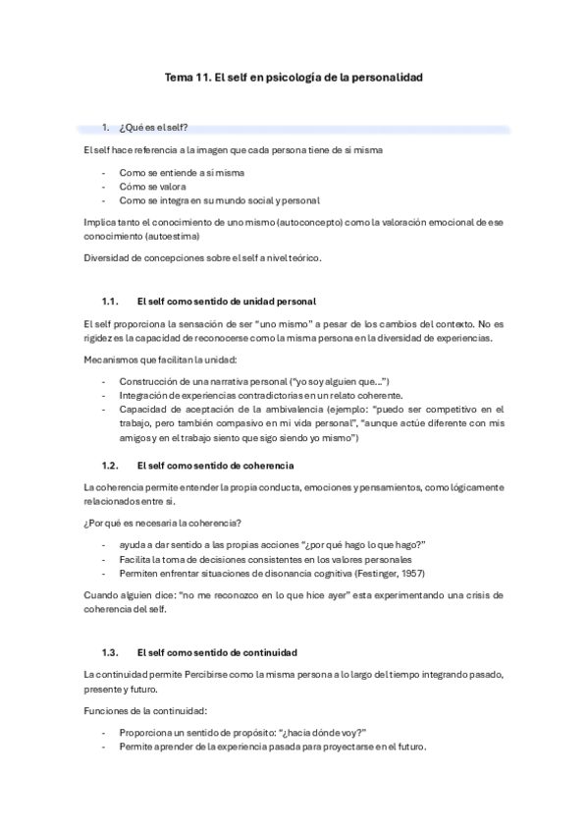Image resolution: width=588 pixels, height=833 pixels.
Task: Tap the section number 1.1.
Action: coord(110,301)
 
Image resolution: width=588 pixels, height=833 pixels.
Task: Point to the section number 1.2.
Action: coord(110,464)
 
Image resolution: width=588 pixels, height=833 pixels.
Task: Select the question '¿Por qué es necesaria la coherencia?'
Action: coord(161,525)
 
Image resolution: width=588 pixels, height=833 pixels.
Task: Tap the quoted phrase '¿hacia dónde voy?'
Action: coord(324,733)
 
